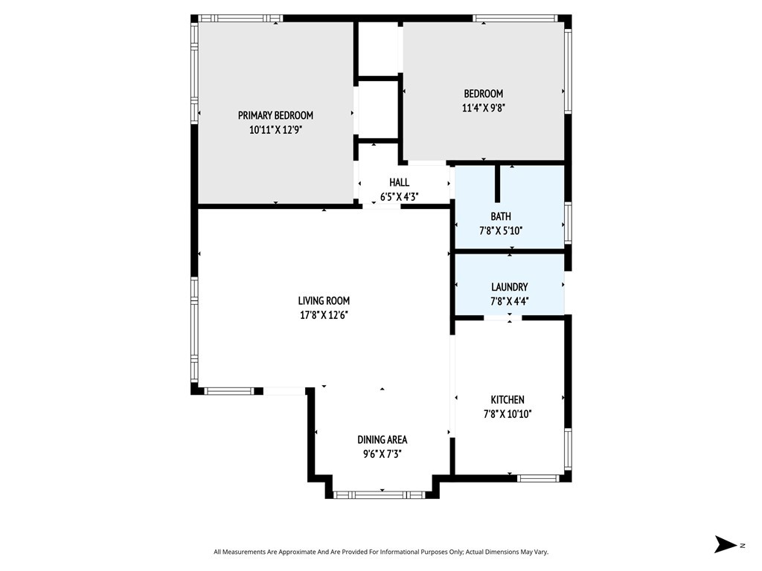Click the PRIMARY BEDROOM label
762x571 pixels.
click(x=275, y=115)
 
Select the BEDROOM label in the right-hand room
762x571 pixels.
click(x=483, y=94)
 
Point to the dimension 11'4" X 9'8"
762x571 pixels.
click(x=484, y=108)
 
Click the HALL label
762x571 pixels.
click(x=399, y=183)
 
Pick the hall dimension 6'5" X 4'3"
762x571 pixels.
click(x=399, y=197)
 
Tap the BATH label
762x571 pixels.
click(x=501, y=216)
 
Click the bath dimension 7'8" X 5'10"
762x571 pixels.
click(x=501, y=230)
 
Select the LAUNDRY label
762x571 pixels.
click(x=509, y=287)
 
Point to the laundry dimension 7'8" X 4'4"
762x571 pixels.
click(x=509, y=302)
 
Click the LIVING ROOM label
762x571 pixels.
click(x=324, y=301)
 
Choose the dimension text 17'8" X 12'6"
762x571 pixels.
click(x=324, y=315)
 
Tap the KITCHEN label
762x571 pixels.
click(x=508, y=400)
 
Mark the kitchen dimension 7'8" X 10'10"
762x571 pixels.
click(x=508, y=414)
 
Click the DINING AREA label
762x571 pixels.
click(x=382, y=440)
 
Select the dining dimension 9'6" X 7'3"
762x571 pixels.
click(x=382, y=454)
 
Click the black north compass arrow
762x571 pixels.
click(x=725, y=544)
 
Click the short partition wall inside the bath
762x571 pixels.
click(x=497, y=184)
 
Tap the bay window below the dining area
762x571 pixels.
click(x=382, y=494)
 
